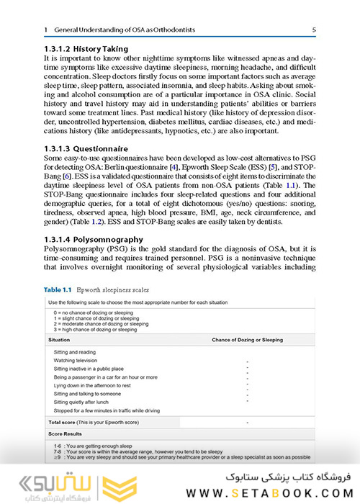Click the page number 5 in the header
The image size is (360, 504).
(314, 30)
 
